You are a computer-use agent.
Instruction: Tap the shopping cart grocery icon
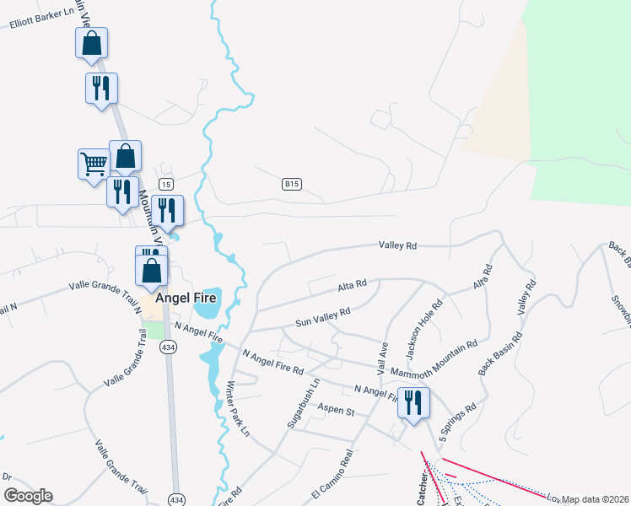coord(93,163)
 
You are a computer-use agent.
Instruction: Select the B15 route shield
coord(292,184)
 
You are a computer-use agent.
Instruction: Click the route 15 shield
coord(166,184)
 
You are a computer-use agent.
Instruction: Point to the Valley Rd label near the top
coord(398,245)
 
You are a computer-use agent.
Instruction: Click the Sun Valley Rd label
coord(322,316)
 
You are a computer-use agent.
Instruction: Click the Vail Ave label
coord(383,358)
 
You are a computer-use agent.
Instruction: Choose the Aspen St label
coord(334,411)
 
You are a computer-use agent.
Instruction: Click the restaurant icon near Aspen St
coord(413,401)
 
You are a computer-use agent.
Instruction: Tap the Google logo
coord(28,496)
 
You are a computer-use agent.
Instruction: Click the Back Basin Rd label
coord(500,354)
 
